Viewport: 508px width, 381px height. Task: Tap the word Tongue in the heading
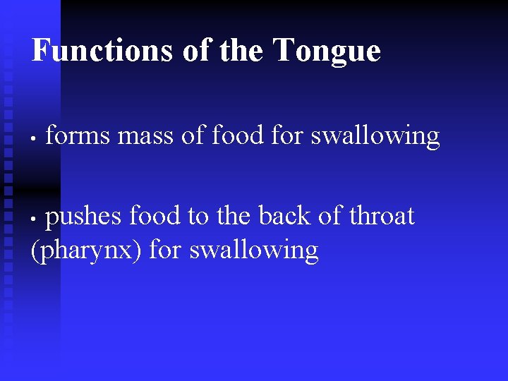[x=326, y=52]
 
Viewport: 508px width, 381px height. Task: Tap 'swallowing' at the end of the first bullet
[x=375, y=136]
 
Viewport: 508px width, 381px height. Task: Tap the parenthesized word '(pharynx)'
[x=87, y=250]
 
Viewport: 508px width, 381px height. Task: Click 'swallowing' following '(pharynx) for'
[x=254, y=251]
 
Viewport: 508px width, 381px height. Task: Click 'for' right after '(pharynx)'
[x=166, y=250]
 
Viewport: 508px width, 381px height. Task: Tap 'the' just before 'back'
[x=235, y=216]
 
